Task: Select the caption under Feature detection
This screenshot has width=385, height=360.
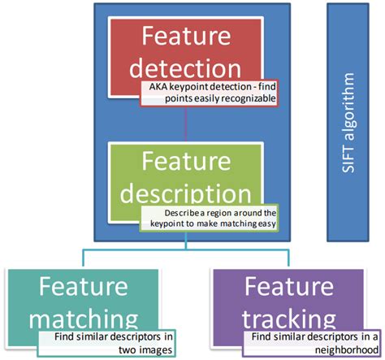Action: click(213, 92)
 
